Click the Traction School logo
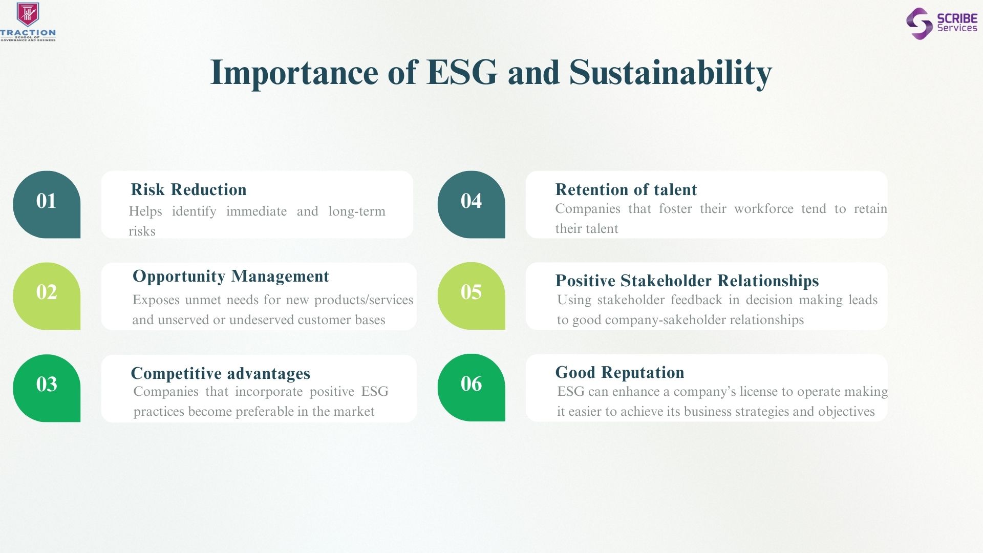[x=28, y=22]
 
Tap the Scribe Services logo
[x=942, y=23]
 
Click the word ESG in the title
[x=462, y=72]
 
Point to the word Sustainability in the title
[x=670, y=73]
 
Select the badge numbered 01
[x=47, y=204]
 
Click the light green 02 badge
[x=47, y=296]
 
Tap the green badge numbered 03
[x=47, y=388]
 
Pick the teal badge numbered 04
[x=471, y=204]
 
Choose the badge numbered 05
[x=471, y=296]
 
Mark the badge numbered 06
[x=471, y=388]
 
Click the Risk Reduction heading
[x=188, y=189]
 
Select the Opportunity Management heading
[x=231, y=276]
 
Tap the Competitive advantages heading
[x=221, y=373]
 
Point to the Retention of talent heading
[x=626, y=189]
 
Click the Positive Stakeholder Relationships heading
[x=687, y=281]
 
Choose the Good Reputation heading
[x=620, y=372]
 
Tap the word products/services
[x=364, y=300]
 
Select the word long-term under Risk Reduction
[x=357, y=211]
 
